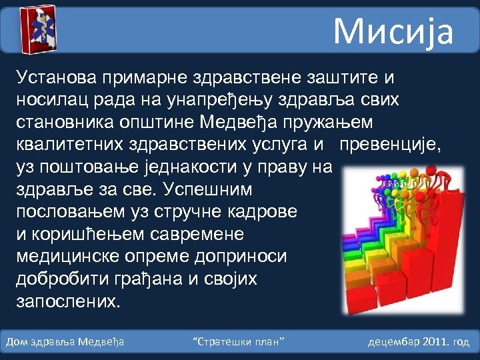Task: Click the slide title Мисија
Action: [x=393, y=31]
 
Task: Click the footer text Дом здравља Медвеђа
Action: [x=65, y=342]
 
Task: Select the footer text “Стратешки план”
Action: [x=239, y=342]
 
